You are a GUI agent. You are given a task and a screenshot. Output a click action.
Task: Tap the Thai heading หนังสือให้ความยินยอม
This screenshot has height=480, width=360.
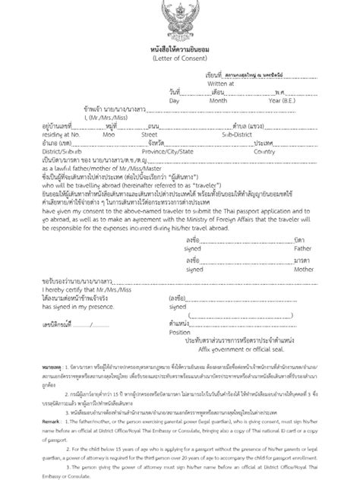[180, 48]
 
